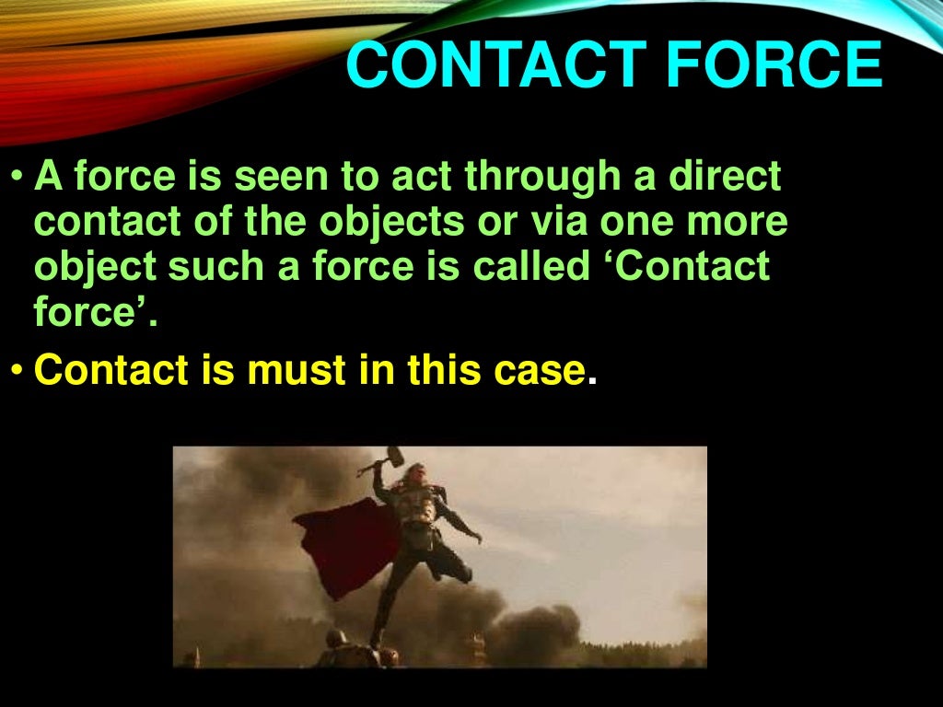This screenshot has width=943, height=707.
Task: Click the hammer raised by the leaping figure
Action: (393, 455)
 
